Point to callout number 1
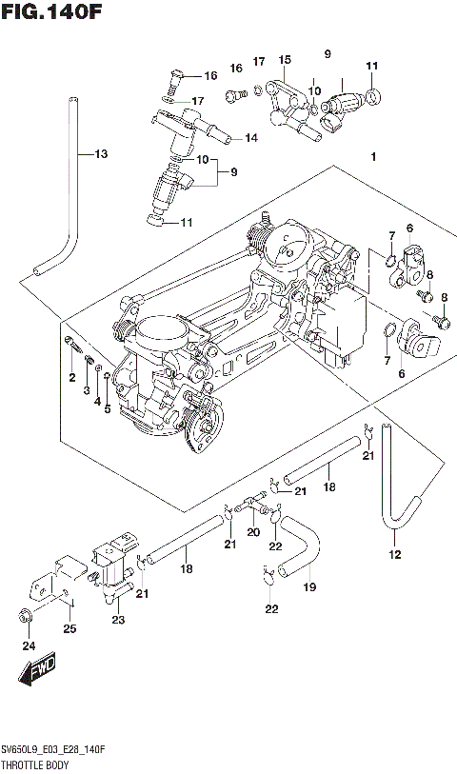point(375,157)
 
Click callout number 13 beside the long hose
point(101,154)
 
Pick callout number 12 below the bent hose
point(394,554)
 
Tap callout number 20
point(253,532)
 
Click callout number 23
point(118,620)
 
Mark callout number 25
point(69,628)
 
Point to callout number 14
point(250,138)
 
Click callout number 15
point(284,60)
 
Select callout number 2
point(70,379)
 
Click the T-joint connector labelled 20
point(253,499)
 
